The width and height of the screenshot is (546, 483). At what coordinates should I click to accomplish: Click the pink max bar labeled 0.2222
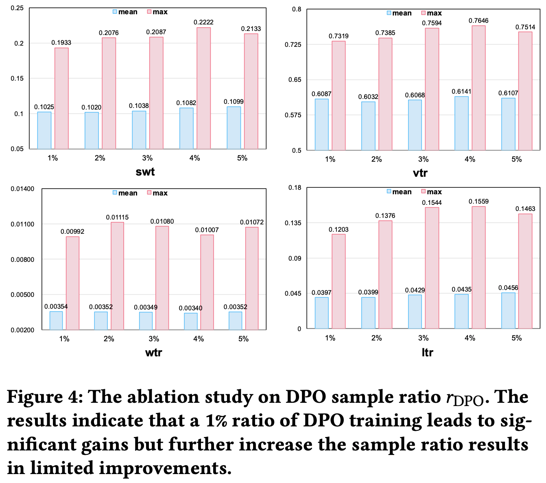(203, 88)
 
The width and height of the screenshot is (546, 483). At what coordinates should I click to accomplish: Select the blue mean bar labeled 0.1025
(44, 130)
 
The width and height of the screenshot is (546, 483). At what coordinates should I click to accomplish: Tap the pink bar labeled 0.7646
(478, 88)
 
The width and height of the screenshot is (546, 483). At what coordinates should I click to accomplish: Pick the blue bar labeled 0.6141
(461, 123)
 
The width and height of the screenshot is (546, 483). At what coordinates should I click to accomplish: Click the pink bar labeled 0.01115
(117, 276)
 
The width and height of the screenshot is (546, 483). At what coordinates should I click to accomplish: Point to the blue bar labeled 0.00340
(190, 321)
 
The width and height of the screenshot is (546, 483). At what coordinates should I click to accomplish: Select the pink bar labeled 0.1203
(339, 281)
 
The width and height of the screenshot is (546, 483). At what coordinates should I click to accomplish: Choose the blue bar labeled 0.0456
(508, 311)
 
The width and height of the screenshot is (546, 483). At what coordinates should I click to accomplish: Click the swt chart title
(145, 172)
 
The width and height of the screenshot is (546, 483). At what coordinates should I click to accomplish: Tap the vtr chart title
(420, 173)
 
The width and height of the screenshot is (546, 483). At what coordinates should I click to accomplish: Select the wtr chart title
(153, 353)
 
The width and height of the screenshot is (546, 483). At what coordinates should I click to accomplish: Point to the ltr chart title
(427, 353)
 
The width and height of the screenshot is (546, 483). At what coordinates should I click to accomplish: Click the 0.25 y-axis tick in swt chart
(17, 8)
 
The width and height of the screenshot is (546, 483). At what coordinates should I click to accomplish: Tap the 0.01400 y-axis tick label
(22, 189)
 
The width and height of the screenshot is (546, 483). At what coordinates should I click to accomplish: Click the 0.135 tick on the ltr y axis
(295, 223)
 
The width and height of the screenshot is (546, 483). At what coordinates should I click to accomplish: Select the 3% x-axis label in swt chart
(147, 158)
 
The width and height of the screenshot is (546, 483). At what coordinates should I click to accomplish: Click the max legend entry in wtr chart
(157, 193)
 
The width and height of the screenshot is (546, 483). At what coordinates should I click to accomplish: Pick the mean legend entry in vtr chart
(400, 13)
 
